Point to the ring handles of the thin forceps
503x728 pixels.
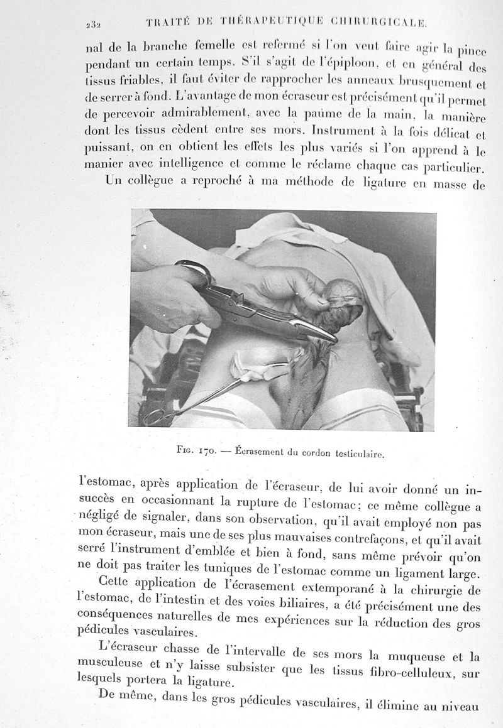tap(154, 415)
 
